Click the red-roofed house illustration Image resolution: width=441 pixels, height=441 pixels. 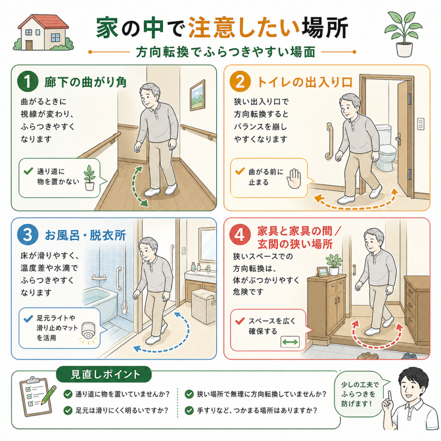coord(43,32)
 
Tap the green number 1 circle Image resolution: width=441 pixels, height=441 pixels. coord(28,81)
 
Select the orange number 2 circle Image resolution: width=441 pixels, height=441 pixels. coord(240,81)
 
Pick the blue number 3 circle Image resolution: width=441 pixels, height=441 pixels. coord(28,235)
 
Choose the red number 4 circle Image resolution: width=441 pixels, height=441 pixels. coord(240,235)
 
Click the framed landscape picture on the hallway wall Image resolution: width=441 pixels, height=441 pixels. coord(198,95)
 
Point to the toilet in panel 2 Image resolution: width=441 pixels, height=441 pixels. coord(386,148)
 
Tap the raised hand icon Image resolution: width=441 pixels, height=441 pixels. coord(294,178)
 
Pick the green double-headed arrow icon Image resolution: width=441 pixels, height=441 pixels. coord(290,342)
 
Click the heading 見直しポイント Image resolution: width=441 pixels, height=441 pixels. coord(105,375)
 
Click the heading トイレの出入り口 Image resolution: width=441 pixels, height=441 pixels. coord(305,82)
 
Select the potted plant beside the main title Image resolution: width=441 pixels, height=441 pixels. coord(404,34)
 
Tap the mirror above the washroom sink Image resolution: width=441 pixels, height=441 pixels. coord(207,245)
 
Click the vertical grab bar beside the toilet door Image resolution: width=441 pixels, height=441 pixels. coord(329,141)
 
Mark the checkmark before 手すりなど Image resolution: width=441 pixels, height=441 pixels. coord(189,410)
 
